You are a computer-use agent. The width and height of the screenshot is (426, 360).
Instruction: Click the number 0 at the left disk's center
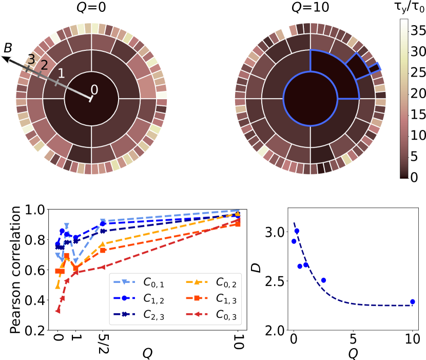(94, 90)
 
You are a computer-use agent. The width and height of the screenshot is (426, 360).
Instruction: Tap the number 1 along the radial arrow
(61, 73)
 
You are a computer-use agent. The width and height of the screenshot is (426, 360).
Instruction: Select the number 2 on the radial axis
(44, 65)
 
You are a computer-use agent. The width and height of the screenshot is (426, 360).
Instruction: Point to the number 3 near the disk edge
(31, 60)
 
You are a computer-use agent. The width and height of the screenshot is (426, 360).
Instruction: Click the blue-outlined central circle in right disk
(310, 99)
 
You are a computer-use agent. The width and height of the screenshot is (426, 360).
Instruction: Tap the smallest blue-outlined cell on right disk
(375, 68)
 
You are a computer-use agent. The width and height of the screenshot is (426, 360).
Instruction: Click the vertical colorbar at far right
(404, 98)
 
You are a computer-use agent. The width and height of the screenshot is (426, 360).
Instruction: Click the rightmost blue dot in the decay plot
(412, 301)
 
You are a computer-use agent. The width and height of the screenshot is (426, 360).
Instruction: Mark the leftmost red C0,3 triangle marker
(57, 311)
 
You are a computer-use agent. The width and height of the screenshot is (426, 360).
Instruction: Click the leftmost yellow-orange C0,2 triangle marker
(57, 286)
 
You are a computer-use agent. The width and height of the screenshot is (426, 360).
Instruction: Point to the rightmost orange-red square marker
(238, 224)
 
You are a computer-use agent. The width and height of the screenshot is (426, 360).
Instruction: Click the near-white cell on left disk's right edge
(162, 95)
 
